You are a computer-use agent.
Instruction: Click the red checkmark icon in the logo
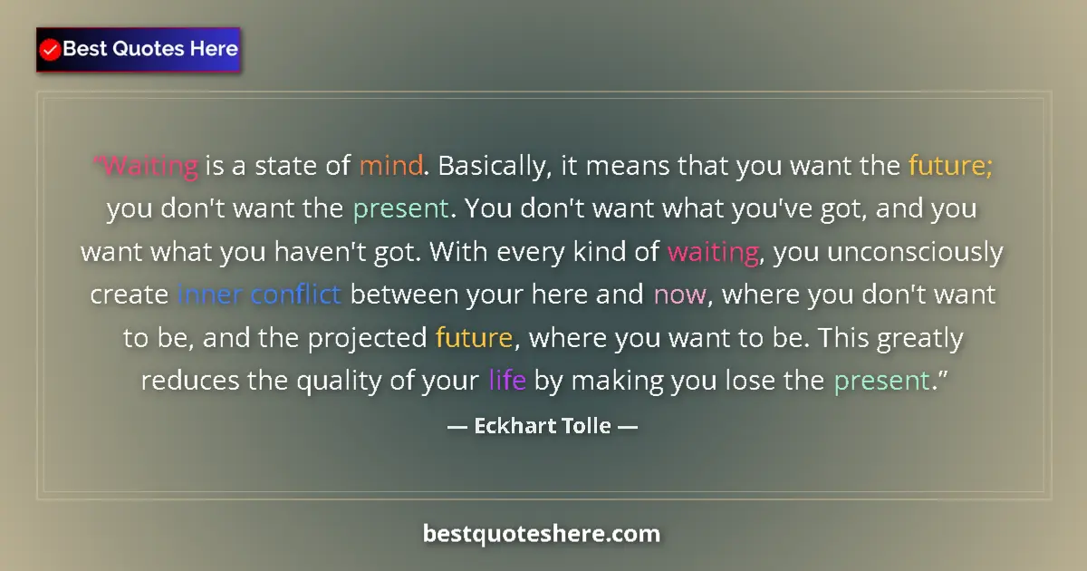51,50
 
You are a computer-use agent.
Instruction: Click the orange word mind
390,166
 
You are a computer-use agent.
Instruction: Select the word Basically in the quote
490,166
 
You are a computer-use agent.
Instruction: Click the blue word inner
209,295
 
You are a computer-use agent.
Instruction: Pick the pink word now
673,295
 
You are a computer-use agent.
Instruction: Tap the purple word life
507,381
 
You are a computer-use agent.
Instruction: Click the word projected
366,338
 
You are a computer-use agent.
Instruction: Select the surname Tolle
588,425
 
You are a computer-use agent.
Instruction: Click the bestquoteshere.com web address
542,534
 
